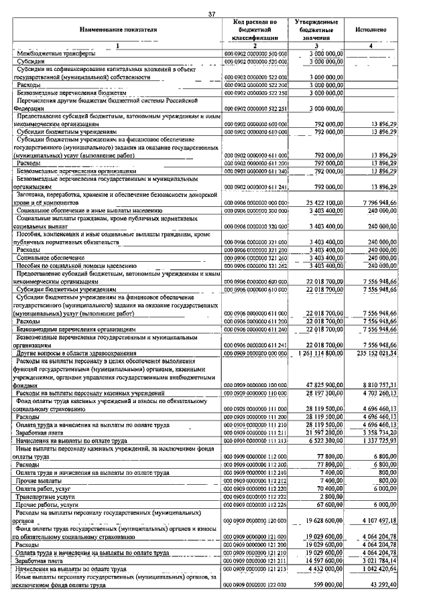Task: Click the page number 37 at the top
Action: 212,14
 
